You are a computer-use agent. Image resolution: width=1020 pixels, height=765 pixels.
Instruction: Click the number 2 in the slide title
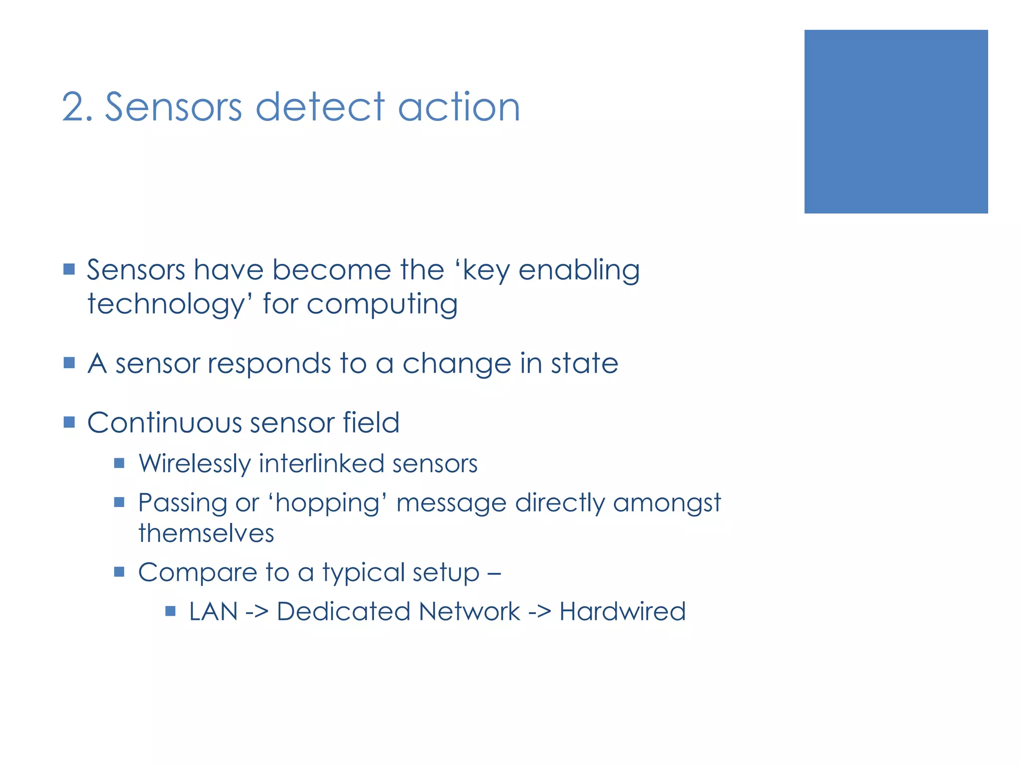coord(75,107)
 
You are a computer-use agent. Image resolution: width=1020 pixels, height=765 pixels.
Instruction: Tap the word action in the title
coord(459,107)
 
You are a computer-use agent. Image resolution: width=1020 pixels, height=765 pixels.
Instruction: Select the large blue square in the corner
coord(895,122)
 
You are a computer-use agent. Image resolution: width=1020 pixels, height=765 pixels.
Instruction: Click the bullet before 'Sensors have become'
coord(69,270)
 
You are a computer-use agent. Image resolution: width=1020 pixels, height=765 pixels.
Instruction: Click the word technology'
coord(170,305)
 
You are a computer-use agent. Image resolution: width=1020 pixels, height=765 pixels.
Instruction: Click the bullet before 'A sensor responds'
coord(69,363)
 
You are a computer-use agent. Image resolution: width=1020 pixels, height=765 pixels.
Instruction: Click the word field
coord(371,423)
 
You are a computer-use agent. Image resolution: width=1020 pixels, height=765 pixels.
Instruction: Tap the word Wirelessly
coord(194,464)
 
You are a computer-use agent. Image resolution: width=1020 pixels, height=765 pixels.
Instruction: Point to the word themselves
coord(206,533)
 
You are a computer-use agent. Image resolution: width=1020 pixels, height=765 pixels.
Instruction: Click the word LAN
coord(213,612)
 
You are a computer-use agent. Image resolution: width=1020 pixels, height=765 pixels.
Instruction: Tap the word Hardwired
coord(622,612)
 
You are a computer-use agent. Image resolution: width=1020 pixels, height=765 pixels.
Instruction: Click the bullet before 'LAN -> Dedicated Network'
coord(170,611)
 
